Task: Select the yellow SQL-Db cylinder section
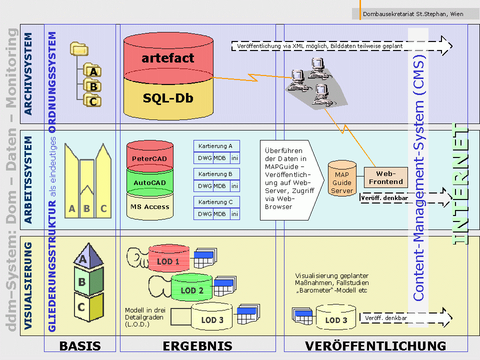168,98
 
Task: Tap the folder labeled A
92,71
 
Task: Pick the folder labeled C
92,101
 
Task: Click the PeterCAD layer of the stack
149,158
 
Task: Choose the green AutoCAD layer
149,182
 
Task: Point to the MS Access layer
149,206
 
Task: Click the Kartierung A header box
216,146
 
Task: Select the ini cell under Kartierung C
234,214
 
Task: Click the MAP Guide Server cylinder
342,179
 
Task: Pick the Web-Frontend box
385,177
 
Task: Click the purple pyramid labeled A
84,257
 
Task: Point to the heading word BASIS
80,345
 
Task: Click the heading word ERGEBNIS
197,345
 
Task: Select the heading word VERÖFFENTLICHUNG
375,345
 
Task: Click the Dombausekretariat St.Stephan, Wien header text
412,14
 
